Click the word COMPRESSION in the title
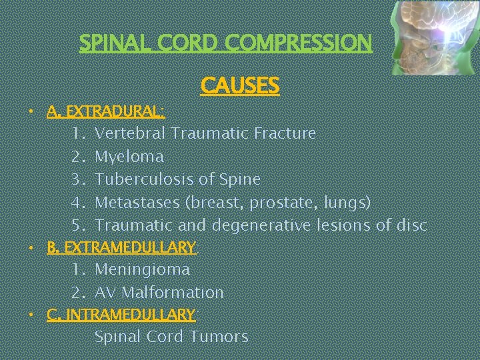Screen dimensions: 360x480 (x=299, y=43)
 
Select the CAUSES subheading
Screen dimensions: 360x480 (x=239, y=85)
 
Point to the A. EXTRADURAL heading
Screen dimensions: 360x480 (x=106, y=110)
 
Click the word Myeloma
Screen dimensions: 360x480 (x=129, y=157)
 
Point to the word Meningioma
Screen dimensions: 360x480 (x=142, y=270)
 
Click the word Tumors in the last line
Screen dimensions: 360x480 (x=219, y=337)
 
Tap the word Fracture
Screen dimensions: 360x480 (x=285, y=133)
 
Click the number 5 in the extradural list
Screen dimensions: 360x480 (x=77, y=225)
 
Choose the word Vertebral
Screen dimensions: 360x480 (x=130, y=133)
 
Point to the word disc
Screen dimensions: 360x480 (x=411, y=225)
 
